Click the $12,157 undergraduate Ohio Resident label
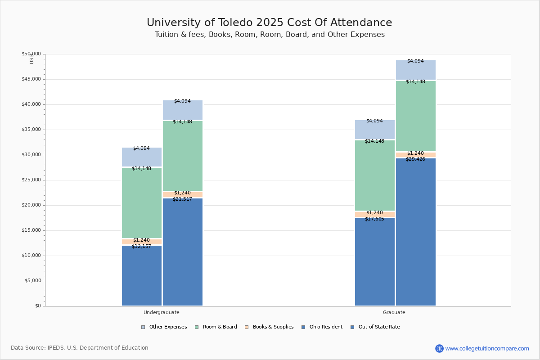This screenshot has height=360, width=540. [x=141, y=247]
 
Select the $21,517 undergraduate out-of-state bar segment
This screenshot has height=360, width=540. [x=183, y=252]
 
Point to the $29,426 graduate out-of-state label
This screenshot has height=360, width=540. [x=415, y=159]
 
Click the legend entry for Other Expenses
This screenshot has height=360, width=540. [x=164, y=327]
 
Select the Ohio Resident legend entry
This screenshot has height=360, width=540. [x=322, y=327]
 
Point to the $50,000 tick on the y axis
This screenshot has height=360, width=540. [x=31, y=54]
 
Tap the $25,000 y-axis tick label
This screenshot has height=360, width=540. [x=31, y=180]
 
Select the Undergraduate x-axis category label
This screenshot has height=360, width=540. [x=161, y=312]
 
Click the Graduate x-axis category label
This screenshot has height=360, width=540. [x=394, y=312]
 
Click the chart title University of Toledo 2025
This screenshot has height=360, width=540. [x=269, y=23]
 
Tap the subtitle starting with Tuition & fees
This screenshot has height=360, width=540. [x=269, y=35]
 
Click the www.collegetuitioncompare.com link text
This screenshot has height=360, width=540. [x=487, y=348]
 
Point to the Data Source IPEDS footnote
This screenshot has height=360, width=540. [x=80, y=348]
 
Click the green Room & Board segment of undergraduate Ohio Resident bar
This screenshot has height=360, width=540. [x=141, y=202]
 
